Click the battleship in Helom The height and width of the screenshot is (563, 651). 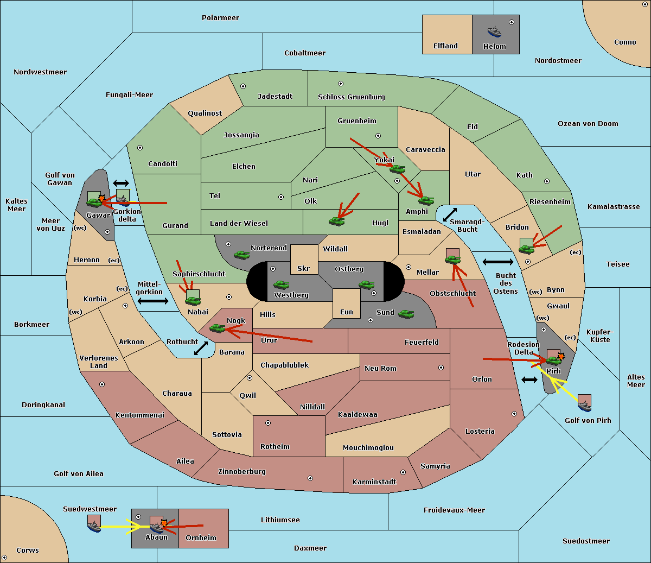pos(494,32)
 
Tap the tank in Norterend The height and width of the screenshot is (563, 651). pos(241,255)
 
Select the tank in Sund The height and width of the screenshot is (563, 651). pos(406,314)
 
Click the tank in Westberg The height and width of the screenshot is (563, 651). pos(281,284)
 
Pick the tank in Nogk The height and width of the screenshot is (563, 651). pos(218,328)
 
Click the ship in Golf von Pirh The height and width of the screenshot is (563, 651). pos(585,406)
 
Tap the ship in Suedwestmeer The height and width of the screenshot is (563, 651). pos(94,527)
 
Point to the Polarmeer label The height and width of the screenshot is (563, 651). pos(220,18)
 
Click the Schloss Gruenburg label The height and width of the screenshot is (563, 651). pos(352,97)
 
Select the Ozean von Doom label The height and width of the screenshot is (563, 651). pos(588,124)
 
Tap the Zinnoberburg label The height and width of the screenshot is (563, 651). pos(242,472)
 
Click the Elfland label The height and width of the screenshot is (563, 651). pos(445,46)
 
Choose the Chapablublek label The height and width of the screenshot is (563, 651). pos(284,365)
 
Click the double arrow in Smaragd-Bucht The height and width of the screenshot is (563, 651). pos(450,214)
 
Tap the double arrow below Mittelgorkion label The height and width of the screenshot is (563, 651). pos(153,301)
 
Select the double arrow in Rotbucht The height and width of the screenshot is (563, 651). pos(201,349)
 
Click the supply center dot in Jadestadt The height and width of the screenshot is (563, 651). pos(243,86)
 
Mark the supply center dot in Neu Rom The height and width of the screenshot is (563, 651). pos(441,368)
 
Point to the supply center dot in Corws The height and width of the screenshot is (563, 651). pos(5,558)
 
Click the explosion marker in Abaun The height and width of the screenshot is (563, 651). pos(164,523)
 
